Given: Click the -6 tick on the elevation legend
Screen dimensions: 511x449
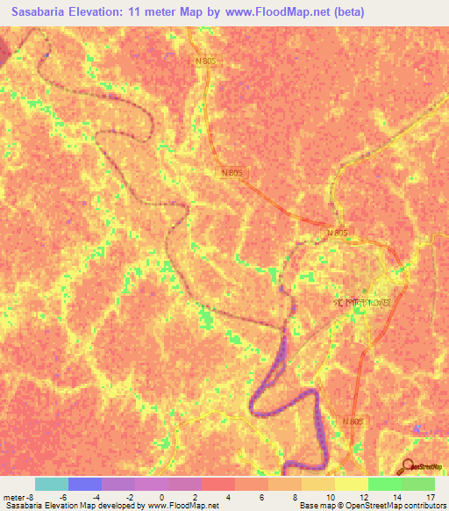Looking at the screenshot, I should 63,497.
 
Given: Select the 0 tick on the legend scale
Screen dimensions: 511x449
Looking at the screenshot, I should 162,497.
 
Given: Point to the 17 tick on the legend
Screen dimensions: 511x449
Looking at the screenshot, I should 430,497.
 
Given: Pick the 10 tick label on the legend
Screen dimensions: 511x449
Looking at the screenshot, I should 328,497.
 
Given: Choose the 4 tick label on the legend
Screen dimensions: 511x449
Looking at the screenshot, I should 229,497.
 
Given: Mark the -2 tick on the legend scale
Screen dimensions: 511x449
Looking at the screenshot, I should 129,497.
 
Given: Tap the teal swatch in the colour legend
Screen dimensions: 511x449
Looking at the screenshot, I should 52,484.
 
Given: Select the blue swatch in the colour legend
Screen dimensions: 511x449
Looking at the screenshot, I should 85,484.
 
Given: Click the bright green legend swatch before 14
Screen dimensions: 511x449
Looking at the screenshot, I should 384,484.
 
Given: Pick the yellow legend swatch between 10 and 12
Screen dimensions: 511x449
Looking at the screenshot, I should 351,484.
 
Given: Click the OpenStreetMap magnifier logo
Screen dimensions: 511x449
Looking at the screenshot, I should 408,466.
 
